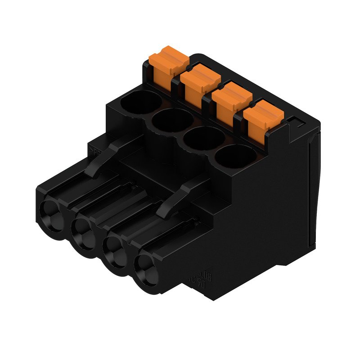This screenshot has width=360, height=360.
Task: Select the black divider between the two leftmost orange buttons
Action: [176, 79]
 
